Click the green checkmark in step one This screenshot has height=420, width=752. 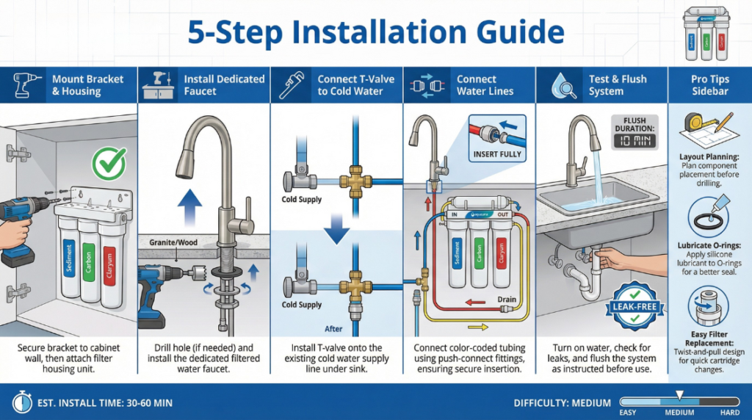(x=109, y=162)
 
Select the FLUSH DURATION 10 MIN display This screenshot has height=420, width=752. (x=633, y=133)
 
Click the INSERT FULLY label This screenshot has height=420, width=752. (x=497, y=154)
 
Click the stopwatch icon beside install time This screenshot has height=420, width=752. (x=20, y=402)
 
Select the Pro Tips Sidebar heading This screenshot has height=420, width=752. (x=709, y=85)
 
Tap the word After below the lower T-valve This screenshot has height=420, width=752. (x=334, y=329)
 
